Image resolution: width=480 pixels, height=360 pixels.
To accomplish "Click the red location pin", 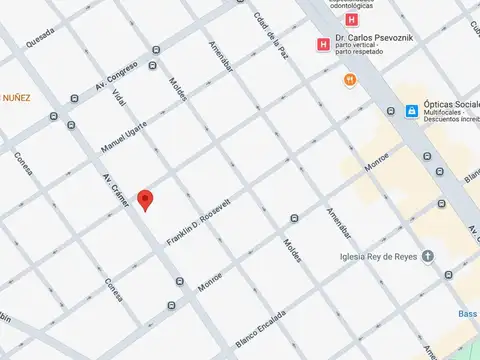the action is [x=145, y=199].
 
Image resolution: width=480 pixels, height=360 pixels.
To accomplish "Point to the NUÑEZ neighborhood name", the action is [x=15, y=98].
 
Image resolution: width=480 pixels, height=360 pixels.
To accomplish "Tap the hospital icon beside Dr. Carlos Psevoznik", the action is [x=323, y=44].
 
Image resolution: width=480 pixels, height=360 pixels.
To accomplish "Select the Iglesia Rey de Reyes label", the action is [x=376, y=255].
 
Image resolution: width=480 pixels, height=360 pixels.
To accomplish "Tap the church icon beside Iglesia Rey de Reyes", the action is [x=427, y=255].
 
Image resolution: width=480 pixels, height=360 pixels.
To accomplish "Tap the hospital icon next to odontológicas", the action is [x=351, y=19].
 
